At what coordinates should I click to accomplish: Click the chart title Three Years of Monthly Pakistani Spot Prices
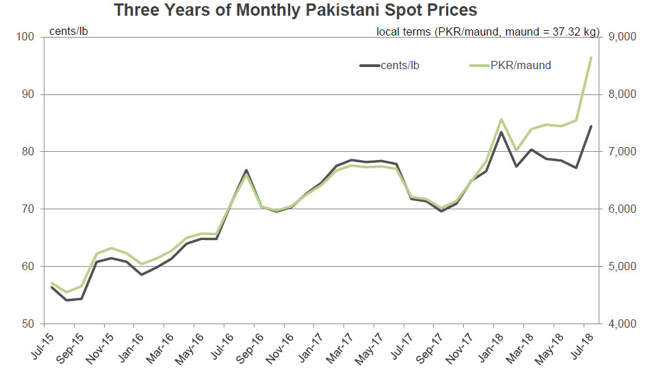[295, 10]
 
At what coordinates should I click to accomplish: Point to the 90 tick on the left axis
[29, 94]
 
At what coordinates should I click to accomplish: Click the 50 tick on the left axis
[29, 323]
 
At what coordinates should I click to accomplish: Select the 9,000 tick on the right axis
[619, 37]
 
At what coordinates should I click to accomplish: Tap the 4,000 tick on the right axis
[619, 323]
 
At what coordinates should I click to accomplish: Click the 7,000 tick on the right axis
[619, 152]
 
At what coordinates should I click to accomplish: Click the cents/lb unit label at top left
[68, 31]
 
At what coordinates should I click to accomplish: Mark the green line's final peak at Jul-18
[591, 57]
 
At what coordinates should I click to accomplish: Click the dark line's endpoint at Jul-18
[591, 127]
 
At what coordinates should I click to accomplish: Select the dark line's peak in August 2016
[246, 170]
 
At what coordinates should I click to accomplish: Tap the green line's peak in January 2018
[502, 119]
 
